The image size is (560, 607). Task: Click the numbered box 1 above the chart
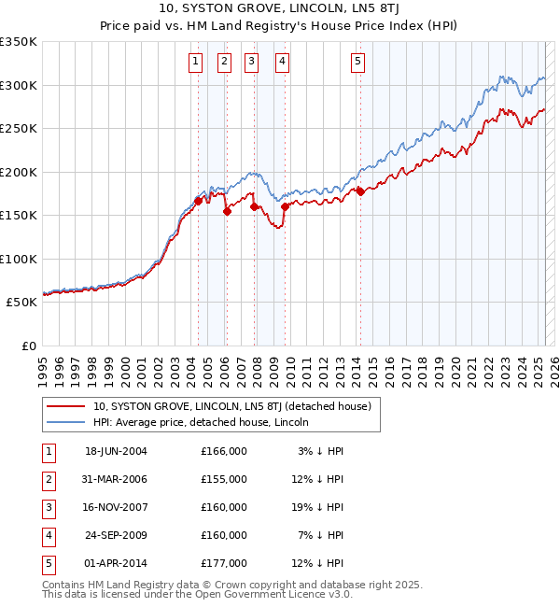click(195, 63)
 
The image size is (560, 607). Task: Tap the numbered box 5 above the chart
click(358, 63)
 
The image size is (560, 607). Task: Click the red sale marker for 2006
click(227, 212)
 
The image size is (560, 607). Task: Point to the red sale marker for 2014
click(359, 191)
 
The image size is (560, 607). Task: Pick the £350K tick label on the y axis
click(19, 42)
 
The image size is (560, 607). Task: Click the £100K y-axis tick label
click(19, 259)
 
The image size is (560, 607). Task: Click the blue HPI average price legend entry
click(206, 422)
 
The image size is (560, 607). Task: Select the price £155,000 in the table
click(224, 479)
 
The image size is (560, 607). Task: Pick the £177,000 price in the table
click(224, 563)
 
